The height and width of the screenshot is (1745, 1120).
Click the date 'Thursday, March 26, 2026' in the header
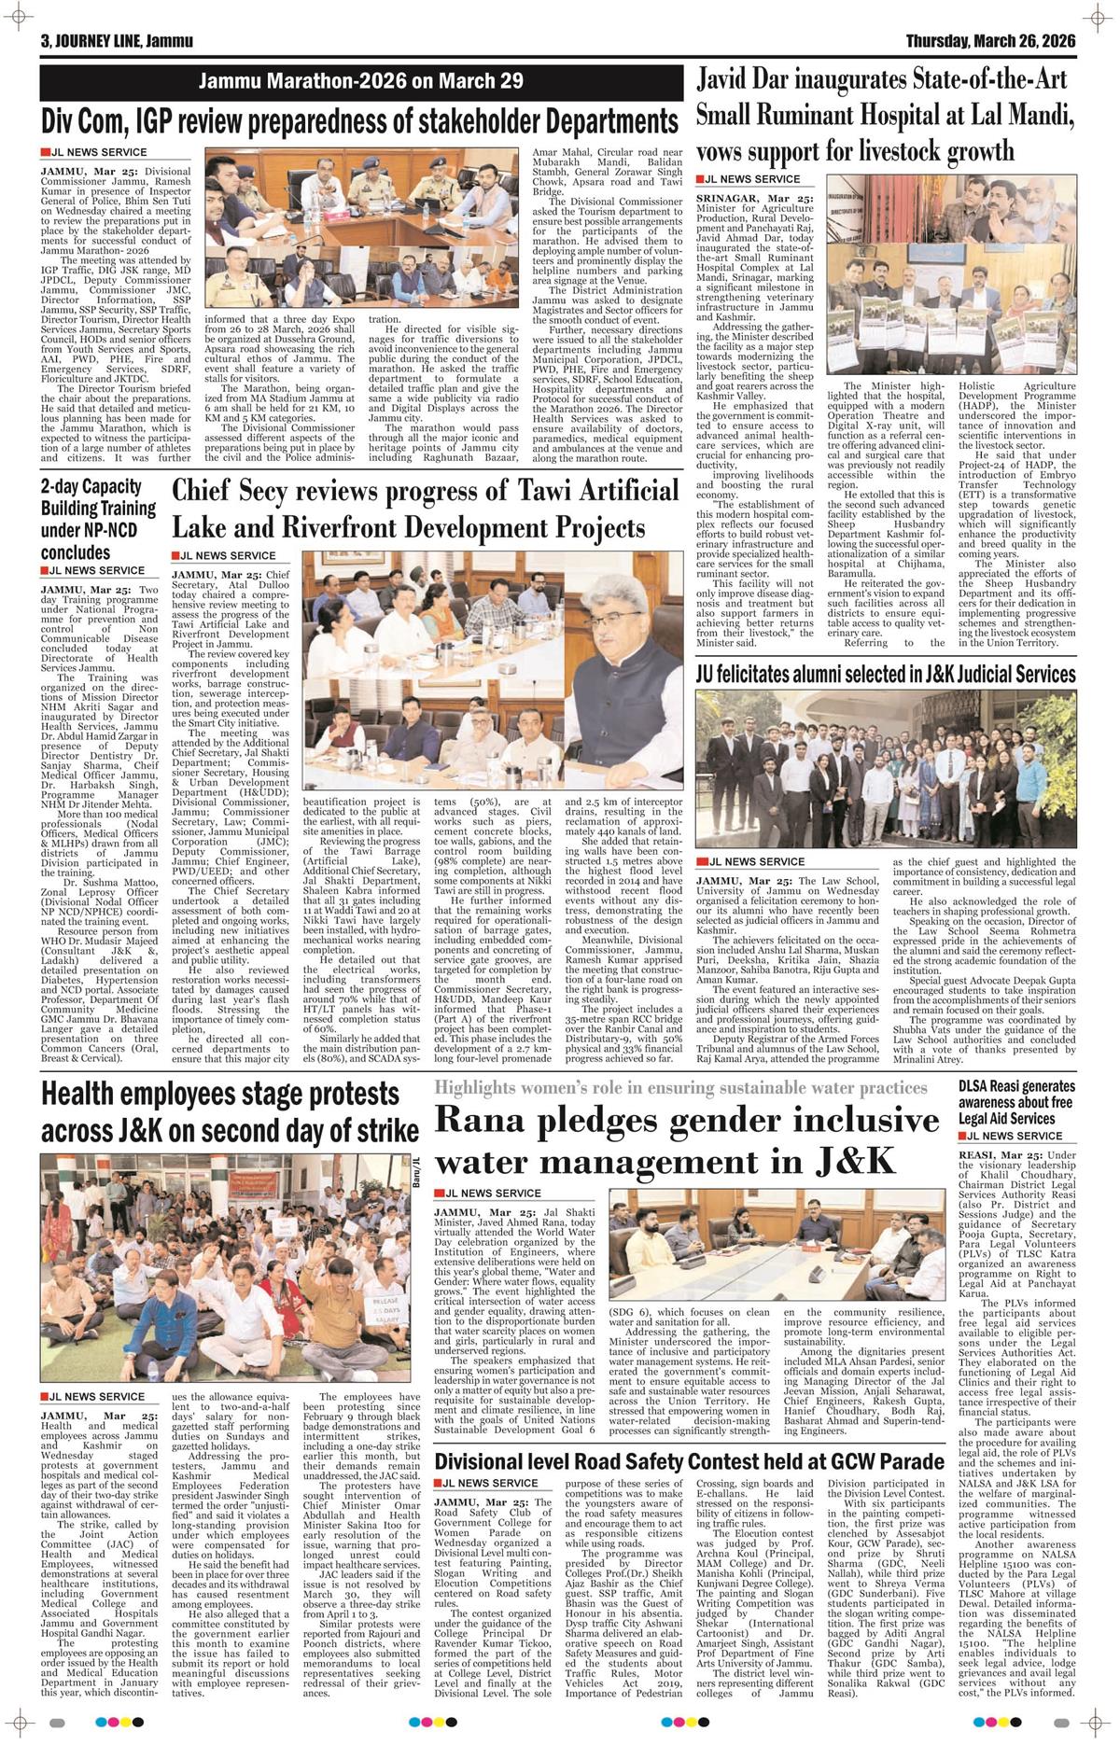tap(990, 42)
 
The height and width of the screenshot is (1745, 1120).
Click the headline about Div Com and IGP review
tap(359, 121)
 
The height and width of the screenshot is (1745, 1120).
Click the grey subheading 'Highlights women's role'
tap(680, 1088)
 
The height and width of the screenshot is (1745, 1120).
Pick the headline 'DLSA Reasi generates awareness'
tap(1016, 1101)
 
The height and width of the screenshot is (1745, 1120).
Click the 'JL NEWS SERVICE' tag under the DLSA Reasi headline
tap(1010, 1136)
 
